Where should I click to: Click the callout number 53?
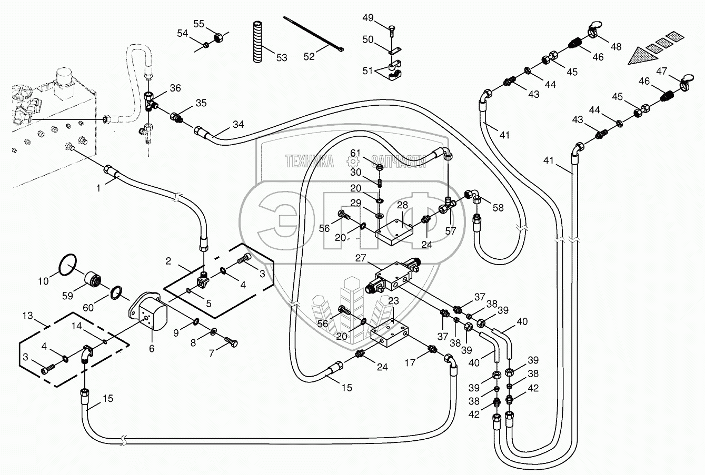(282, 57)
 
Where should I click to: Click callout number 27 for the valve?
(360, 258)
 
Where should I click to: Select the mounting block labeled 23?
(390, 333)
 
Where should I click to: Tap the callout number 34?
(239, 125)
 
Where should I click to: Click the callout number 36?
(175, 88)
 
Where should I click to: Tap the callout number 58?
(498, 207)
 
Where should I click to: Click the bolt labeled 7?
(231, 341)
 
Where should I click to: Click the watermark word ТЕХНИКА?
(310, 161)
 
